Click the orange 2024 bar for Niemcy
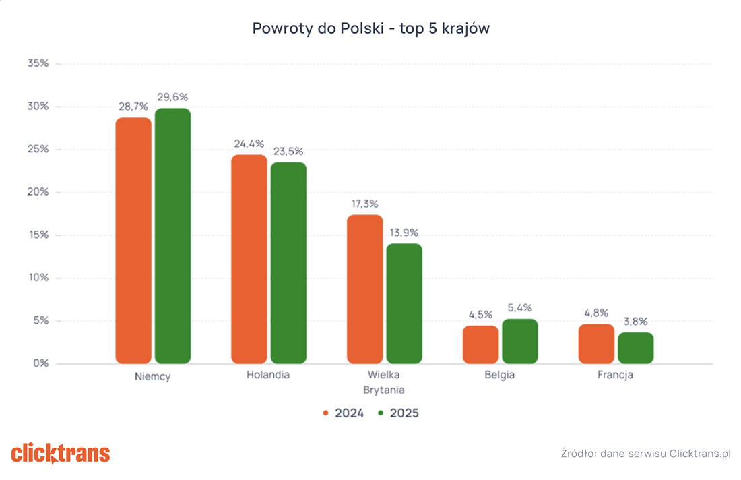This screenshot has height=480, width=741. click(133, 240)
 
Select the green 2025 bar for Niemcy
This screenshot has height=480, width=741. click(173, 235)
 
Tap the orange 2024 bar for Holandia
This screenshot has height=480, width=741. click(249, 259)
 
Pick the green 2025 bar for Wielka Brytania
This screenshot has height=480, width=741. click(404, 303)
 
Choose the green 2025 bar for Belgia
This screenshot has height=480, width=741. click(520, 341)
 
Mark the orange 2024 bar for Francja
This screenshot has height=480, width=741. click(596, 344)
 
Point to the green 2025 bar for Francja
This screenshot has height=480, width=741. click(636, 348)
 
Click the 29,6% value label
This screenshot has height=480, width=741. click(172, 98)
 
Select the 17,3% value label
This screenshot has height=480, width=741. click(364, 204)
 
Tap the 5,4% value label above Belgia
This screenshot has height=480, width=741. click(520, 308)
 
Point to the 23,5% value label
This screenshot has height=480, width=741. click(288, 152)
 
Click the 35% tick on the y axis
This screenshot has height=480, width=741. click(38, 63)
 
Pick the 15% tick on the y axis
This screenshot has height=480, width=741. click(39, 235)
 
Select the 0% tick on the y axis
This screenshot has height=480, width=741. click(41, 363)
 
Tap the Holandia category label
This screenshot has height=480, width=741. click(268, 375)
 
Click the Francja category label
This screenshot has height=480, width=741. click(615, 375)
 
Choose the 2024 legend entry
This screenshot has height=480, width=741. click(344, 413)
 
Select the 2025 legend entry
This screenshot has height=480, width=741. click(398, 413)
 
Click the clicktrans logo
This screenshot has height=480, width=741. click(61, 454)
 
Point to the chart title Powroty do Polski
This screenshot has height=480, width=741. click(317, 28)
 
